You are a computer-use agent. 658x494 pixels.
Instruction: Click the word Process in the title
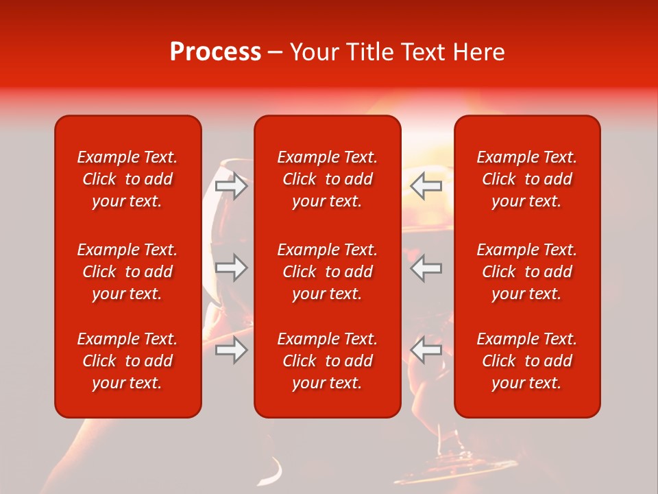(215, 52)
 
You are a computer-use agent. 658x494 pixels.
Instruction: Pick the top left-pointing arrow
(426, 186)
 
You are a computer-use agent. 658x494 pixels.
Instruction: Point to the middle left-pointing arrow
(426, 268)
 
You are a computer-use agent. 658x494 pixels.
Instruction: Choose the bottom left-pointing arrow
(426, 350)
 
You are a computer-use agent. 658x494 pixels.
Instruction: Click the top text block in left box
(127, 179)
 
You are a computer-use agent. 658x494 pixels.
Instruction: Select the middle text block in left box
(127, 272)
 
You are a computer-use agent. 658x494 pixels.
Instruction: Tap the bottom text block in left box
(127, 361)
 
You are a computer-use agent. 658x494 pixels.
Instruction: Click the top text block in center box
(327, 179)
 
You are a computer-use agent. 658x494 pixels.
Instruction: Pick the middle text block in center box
(327, 272)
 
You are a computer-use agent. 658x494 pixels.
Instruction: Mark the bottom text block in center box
(327, 361)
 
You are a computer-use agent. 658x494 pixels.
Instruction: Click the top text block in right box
(526, 179)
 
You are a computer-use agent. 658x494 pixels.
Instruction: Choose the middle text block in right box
(526, 272)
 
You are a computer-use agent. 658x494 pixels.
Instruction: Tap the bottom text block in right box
(526, 361)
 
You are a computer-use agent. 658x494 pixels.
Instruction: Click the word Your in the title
(314, 52)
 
